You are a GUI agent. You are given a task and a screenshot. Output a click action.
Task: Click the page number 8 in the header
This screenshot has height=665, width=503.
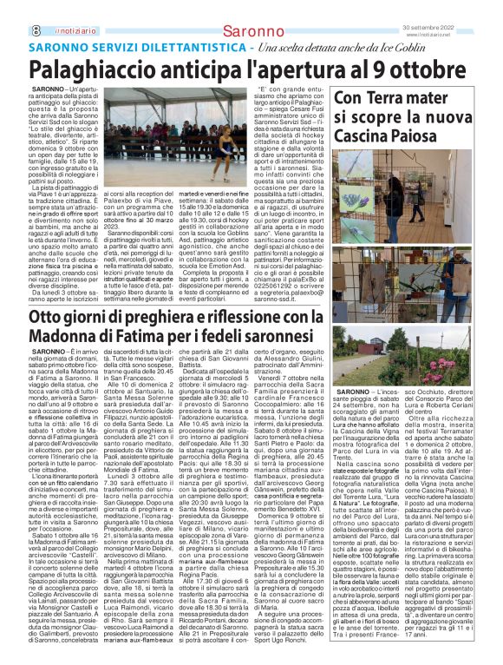click(36, 8)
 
